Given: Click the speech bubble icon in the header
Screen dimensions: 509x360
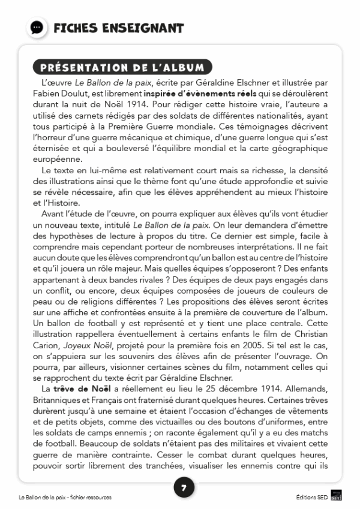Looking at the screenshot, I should click(x=37, y=28).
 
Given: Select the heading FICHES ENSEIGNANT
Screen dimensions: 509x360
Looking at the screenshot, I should click(x=118, y=28).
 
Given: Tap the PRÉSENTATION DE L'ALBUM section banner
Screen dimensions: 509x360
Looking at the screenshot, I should click(x=122, y=68).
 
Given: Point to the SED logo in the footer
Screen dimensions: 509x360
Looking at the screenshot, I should click(x=336, y=497).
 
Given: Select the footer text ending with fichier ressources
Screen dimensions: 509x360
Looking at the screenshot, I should click(x=65, y=498).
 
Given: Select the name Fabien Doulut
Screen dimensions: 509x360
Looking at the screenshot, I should click(x=62, y=94).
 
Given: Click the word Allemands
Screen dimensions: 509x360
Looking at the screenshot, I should click(x=307, y=390).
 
